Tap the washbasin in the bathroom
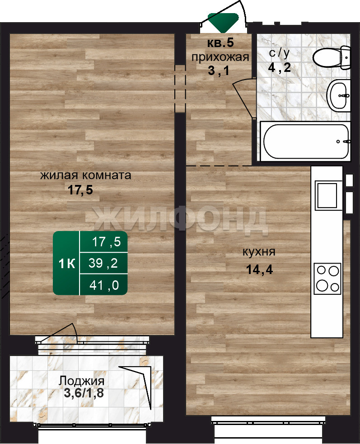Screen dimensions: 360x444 tap(338, 95)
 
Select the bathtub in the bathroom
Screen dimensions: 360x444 tap(305, 141)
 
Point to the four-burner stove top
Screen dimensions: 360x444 tap(327, 279)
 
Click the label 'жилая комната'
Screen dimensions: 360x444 tap(86, 175)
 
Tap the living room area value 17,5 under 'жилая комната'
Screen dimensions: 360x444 tap(80, 190)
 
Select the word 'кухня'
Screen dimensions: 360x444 tap(259, 252)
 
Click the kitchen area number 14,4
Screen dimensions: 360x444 tap(259, 269)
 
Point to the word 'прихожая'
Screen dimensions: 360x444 tap(220, 57)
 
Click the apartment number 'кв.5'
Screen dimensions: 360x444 tap(220, 43)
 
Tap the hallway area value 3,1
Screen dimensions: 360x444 tap(218, 71)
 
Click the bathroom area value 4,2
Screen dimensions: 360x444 tap(280, 67)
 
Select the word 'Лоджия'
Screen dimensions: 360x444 tap(81, 381)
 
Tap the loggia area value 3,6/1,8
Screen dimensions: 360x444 tap(84, 393)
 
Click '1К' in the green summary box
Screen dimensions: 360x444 tap(67, 264)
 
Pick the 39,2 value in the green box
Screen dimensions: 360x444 tap(103, 263)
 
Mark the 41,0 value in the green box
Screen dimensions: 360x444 tap(104, 285)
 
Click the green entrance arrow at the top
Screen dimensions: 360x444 tap(223, 22)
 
